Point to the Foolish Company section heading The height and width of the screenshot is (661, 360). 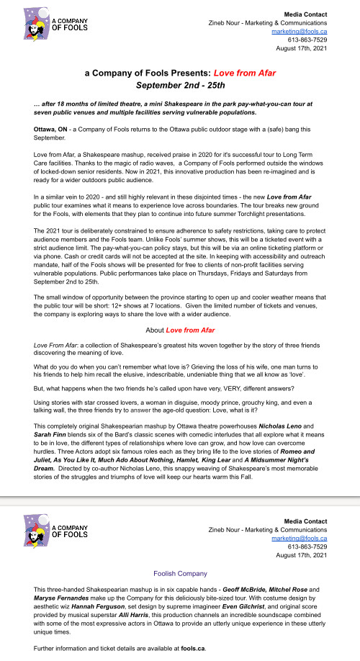click(x=179, y=574)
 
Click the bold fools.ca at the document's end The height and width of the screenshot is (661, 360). click(x=193, y=649)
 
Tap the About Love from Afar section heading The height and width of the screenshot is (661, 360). click(x=179, y=330)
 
